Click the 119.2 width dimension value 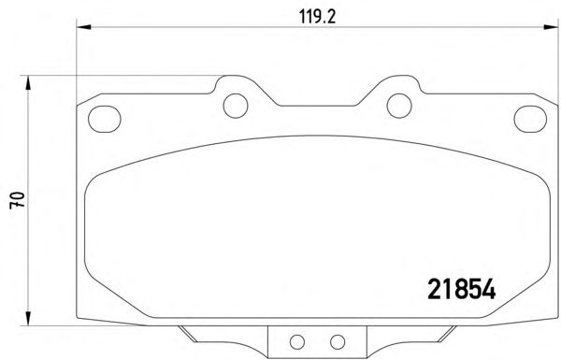317,17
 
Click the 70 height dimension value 18,200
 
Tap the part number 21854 462,289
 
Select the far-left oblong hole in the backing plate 104,119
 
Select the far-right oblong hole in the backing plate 530,119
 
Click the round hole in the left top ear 236,106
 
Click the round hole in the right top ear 399,106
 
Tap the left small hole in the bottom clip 297,342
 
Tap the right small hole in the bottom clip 338,342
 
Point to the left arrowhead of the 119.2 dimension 84,27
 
